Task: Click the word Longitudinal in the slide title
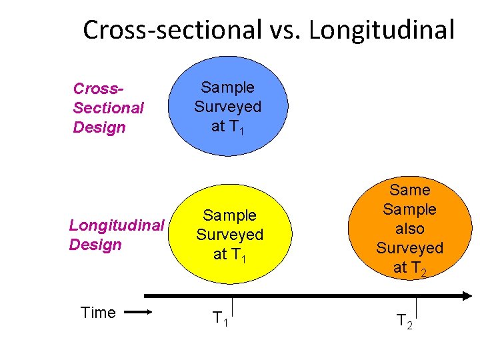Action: (382, 29)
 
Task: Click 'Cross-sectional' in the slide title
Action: (173, 29)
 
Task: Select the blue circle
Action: (228, 106)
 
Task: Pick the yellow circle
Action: (229, 234)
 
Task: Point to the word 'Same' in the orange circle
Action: (410, 190)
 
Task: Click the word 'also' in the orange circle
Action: (410, 229)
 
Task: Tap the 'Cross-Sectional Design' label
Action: (108, 107)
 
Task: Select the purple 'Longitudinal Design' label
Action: (117, 235)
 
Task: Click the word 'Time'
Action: (98, 313)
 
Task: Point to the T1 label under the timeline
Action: (219, 319)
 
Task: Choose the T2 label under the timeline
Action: (404, 321)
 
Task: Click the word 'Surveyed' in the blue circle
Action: (228, 107)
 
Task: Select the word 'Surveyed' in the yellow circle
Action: (229, 235)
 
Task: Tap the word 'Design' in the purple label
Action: (95, 245)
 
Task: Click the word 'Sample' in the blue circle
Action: (228, 87)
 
